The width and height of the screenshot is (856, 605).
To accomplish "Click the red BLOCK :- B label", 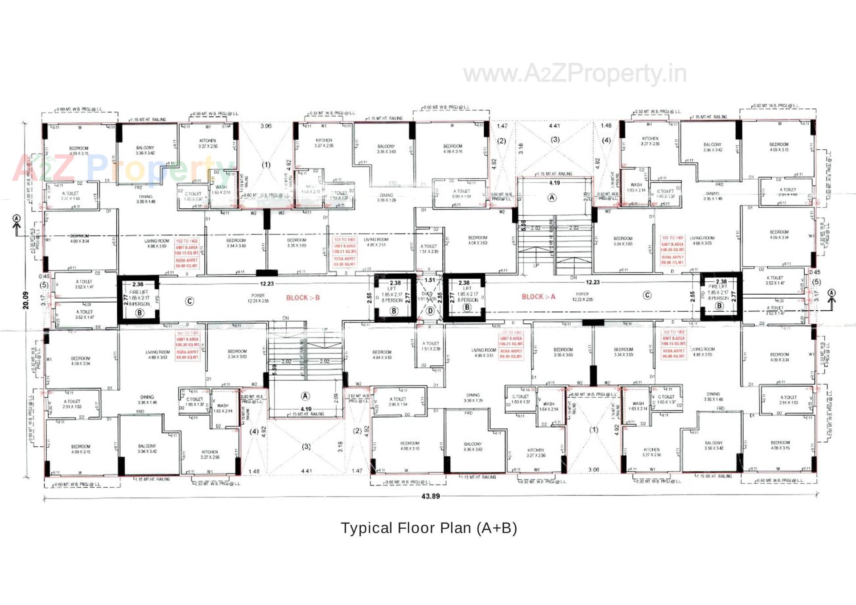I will click(x=303, y=298).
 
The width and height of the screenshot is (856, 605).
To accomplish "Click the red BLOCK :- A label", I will click(x=538, y=296).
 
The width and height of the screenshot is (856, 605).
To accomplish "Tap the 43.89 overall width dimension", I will click(x=430, y=496).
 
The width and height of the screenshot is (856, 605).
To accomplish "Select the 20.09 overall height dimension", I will click(x=26, y=300).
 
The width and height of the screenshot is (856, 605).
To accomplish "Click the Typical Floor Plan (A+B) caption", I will click(x=429, y=528).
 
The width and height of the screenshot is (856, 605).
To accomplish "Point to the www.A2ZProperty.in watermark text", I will click(x=575, y=74).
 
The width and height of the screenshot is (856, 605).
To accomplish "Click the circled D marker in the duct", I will click(x=430, y=311).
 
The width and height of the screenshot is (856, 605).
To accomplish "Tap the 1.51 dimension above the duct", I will click(x=430, y=280).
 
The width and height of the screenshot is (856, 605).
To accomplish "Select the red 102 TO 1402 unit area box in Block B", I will click(x=187, y=253).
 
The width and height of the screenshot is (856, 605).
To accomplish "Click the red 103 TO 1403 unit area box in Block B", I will click(x=345, y=252).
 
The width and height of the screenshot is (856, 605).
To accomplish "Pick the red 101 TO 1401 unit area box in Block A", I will click(x=672, y=250).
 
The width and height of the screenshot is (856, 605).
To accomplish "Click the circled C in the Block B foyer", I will click(x=189, y=301).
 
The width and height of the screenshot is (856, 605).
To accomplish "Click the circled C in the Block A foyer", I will click(x=647, y=295).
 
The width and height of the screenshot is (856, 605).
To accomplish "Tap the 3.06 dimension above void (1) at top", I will click(x=266, y=126).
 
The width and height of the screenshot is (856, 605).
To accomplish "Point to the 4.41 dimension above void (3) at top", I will click(x=554, y=126).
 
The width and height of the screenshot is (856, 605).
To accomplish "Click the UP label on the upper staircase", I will click(x=536, y=265).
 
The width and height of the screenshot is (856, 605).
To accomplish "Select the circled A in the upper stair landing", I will click(x=552, y=198).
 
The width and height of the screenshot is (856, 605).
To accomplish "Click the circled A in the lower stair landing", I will click(x=305, y=396).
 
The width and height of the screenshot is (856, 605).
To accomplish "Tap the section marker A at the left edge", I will click(x=16, y=219).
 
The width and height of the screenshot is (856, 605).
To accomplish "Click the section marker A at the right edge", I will click(x=831, y=293).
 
